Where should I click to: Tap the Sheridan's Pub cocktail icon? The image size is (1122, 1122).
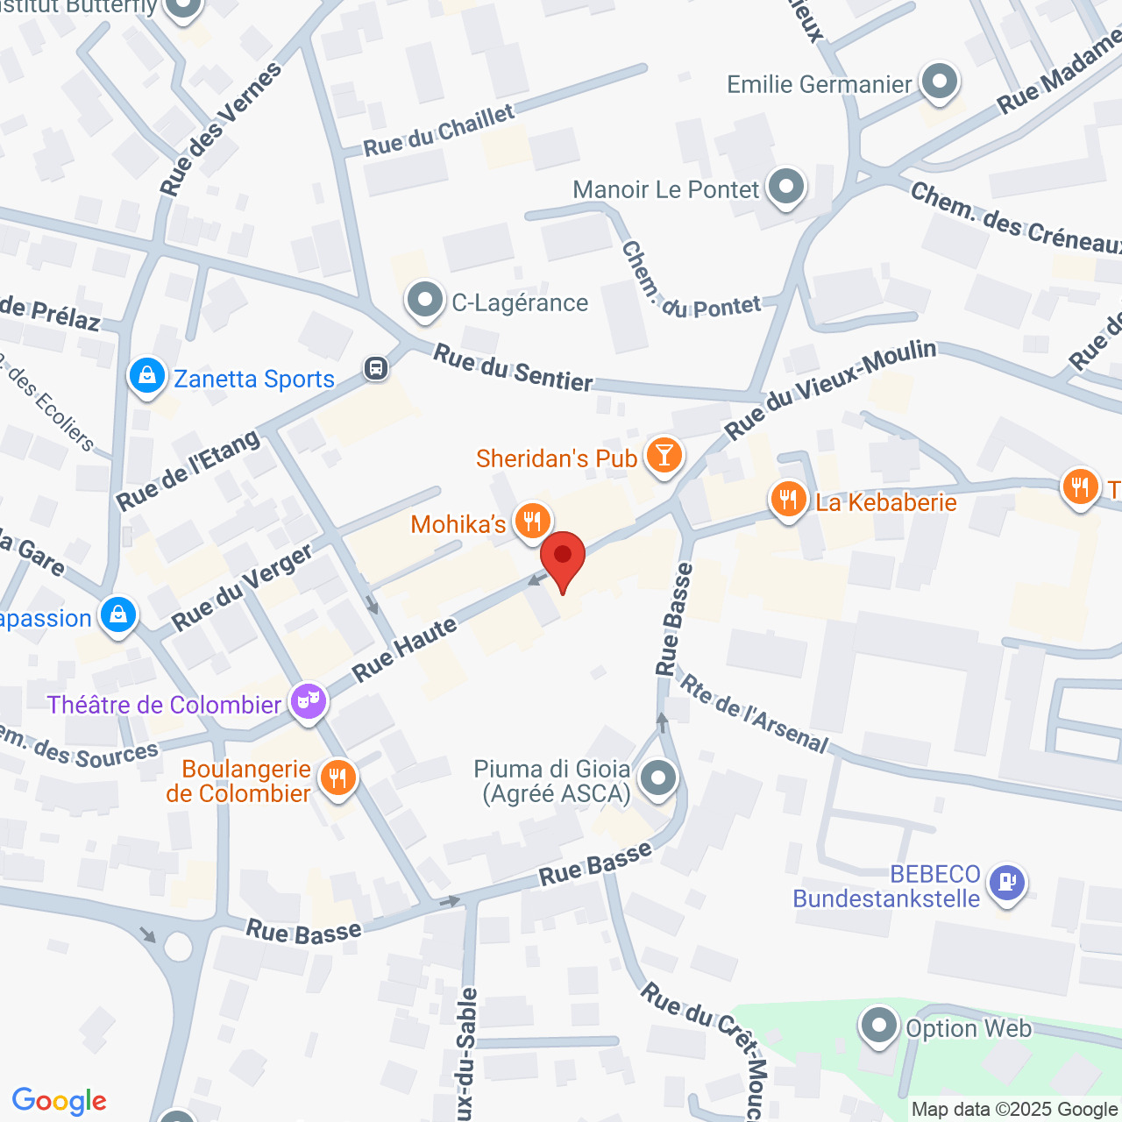pos(664,455)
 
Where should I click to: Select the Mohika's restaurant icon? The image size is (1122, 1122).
pos(531,522)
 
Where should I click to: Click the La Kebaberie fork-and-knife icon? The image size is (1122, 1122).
pos(789,500)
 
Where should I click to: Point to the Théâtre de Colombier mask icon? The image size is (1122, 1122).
pos(309,700)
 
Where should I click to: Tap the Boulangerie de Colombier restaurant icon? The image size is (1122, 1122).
pos(337,778)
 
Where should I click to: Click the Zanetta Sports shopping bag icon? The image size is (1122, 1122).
pos(146,376)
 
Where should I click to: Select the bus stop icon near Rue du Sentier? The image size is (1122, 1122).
pos(376,368)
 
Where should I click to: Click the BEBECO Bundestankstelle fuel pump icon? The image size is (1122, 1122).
pos(1006,882)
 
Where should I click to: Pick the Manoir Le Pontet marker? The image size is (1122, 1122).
pos(785,187)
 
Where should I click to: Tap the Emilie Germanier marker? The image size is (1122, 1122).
pos(940,82)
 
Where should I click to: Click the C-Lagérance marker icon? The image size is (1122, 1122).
pos(425,300)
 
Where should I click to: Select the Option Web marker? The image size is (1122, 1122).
pos(878,1026)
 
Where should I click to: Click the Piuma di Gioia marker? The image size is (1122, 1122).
pos(658,778)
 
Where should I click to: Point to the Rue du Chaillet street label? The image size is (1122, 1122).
pos(439,131)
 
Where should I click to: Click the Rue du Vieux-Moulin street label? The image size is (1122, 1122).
pos(830,389)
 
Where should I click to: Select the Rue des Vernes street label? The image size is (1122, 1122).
pos(221,129)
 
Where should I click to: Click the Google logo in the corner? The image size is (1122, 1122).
pos(59,1101)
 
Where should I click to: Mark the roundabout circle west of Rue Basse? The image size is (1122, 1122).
pos(178,947)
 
